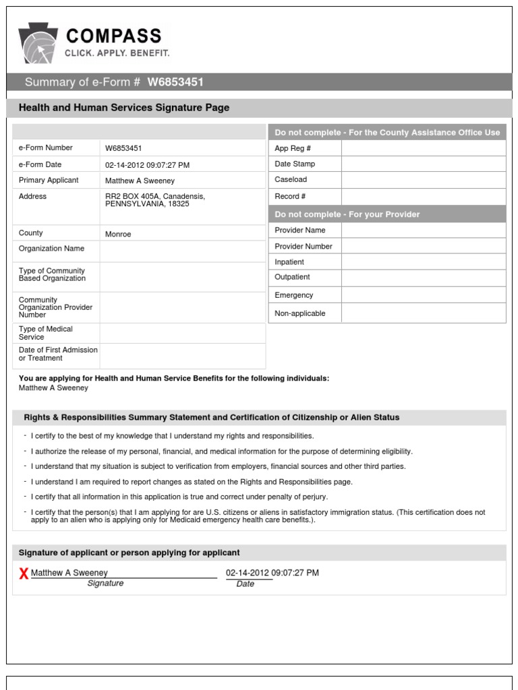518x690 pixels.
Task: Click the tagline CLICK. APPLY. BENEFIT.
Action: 117,53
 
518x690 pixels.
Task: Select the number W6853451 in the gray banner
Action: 175,82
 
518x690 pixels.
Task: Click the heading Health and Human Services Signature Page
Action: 124,108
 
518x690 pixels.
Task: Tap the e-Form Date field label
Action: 40,164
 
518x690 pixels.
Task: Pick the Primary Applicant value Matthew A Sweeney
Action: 139,181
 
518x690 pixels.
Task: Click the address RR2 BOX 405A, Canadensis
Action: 155,196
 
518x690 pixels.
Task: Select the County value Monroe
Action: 118,234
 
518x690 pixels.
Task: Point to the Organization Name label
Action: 51,249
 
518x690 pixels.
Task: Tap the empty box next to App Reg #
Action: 423,148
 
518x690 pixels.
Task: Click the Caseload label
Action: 291,180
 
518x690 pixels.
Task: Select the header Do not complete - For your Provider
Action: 347,214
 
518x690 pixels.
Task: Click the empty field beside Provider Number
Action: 423,246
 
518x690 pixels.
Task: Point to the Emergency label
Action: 294,295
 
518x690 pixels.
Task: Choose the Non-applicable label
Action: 299,313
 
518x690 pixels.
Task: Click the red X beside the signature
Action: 24,573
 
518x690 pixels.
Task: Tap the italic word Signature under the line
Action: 105,584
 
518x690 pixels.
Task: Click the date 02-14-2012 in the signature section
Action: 248,573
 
